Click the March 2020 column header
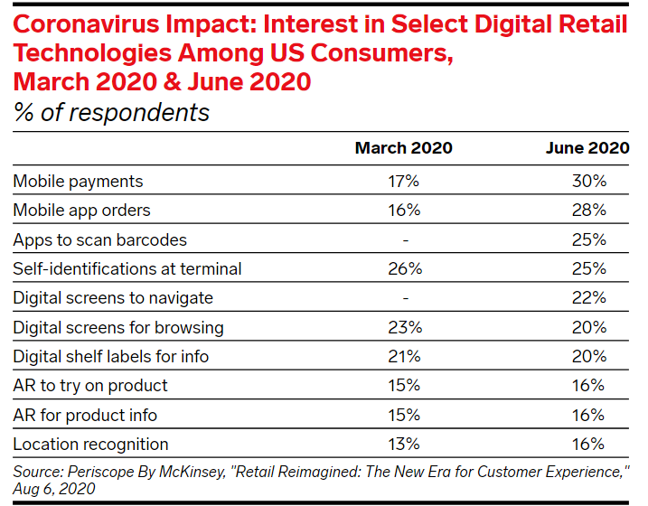tap(403, 148)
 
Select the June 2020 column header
tap(587, 148)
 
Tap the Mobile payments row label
tap(78, 182)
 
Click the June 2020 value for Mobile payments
tap(587, 182)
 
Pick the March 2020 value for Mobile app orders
tap(403, 211)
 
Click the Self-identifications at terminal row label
tap(127, 269)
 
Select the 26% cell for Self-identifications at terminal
tap(403, 269)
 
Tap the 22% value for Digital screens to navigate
tap(587, 298)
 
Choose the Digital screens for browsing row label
tap(118, 327)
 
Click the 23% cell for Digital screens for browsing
tap(403, 327)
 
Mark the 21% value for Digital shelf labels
tap(403, 357)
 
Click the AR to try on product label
tap(90, 386)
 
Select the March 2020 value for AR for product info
tap(403, 415)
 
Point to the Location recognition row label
tap(90, 444)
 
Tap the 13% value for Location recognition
tap(403, 444)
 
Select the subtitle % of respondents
tap(111, 112)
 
